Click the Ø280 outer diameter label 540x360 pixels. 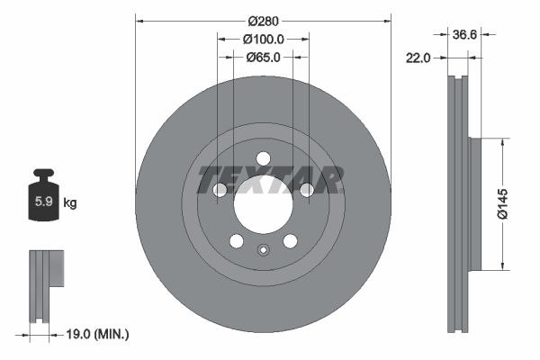[263, 20]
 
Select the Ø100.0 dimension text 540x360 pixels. [264, 39]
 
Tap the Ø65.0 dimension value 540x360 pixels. [264, 57]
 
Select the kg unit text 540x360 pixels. [69, 203]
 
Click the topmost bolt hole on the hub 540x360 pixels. [263, 158]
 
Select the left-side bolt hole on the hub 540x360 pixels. [220, 190]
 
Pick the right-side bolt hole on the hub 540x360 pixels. [306, 190]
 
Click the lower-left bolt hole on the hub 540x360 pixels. [236, 241]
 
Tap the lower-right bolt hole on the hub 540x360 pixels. [290, 241]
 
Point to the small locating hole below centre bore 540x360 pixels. [263, 251]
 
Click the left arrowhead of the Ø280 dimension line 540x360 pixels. [139, 20]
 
